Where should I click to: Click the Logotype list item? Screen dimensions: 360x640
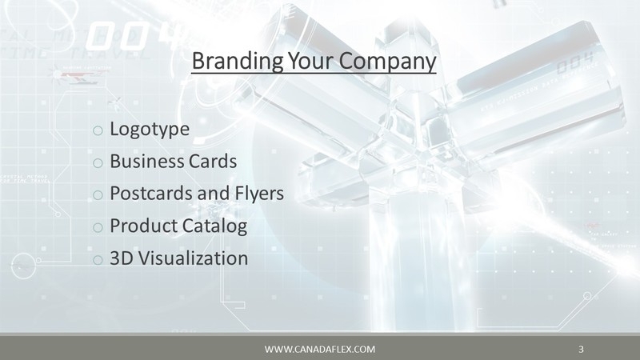(149, 128)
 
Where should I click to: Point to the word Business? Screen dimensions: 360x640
(143, 161)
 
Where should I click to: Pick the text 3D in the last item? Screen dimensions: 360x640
(120, 259)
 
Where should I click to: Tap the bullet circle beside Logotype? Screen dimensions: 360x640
(98, 130)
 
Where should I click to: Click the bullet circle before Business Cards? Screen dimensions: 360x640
(98, 163)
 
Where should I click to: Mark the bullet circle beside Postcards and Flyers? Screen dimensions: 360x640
(98, 196)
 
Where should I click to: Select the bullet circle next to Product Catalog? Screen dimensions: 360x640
(98, 229)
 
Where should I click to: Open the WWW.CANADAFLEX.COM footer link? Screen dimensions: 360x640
(319, 350)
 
